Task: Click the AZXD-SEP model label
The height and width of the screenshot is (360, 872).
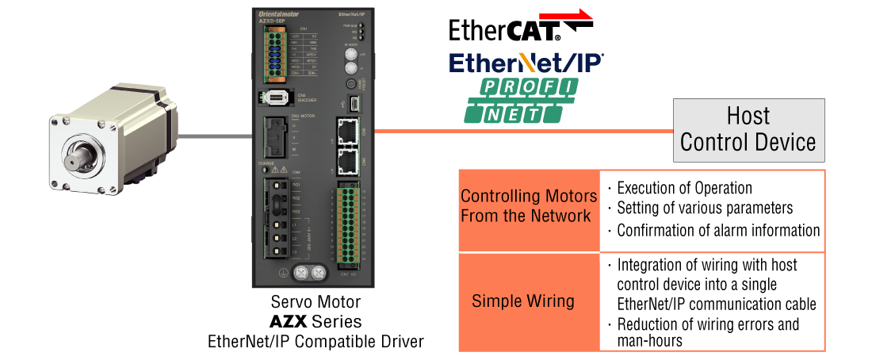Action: pos(271,21)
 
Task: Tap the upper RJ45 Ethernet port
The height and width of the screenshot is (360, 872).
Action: pos(346,132)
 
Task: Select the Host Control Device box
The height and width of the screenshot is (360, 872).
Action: pos(748,129)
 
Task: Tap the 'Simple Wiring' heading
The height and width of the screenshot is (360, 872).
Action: pos(522,301)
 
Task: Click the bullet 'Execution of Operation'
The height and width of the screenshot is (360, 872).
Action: pos(684,189)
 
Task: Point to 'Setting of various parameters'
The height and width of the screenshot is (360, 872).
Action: pos(704,209)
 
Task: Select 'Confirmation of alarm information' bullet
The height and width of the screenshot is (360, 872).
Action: pos(717,231)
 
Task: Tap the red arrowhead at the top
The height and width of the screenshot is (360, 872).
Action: pos(583,13)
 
